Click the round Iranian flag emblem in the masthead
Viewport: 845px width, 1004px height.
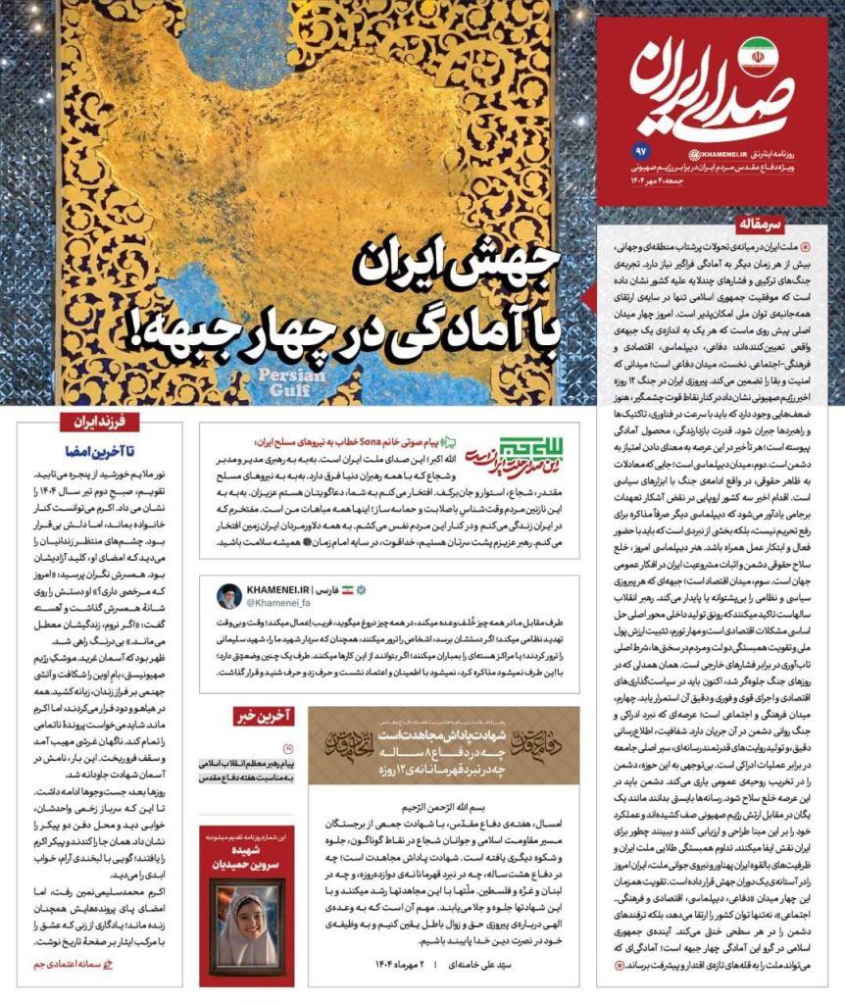coord(756,58)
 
